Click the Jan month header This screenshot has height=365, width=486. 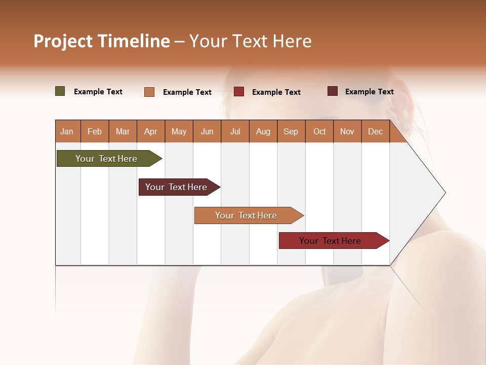(67, 131)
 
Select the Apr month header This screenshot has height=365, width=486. (151, 131)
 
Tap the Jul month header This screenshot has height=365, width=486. (235, 131)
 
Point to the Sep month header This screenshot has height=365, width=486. (291, 131)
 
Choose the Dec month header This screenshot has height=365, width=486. (375, 131)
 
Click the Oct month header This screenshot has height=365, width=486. (319, 131)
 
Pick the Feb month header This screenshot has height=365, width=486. (95, 131)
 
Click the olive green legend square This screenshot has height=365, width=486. (60, 91)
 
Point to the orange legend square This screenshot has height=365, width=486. (149, 92)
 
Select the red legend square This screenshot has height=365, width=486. (239, 92)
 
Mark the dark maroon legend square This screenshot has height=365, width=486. (333, 91)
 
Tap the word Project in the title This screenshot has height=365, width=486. (63, 41)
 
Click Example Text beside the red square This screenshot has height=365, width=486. (276, 92)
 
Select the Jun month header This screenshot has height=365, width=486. (207, 131)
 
